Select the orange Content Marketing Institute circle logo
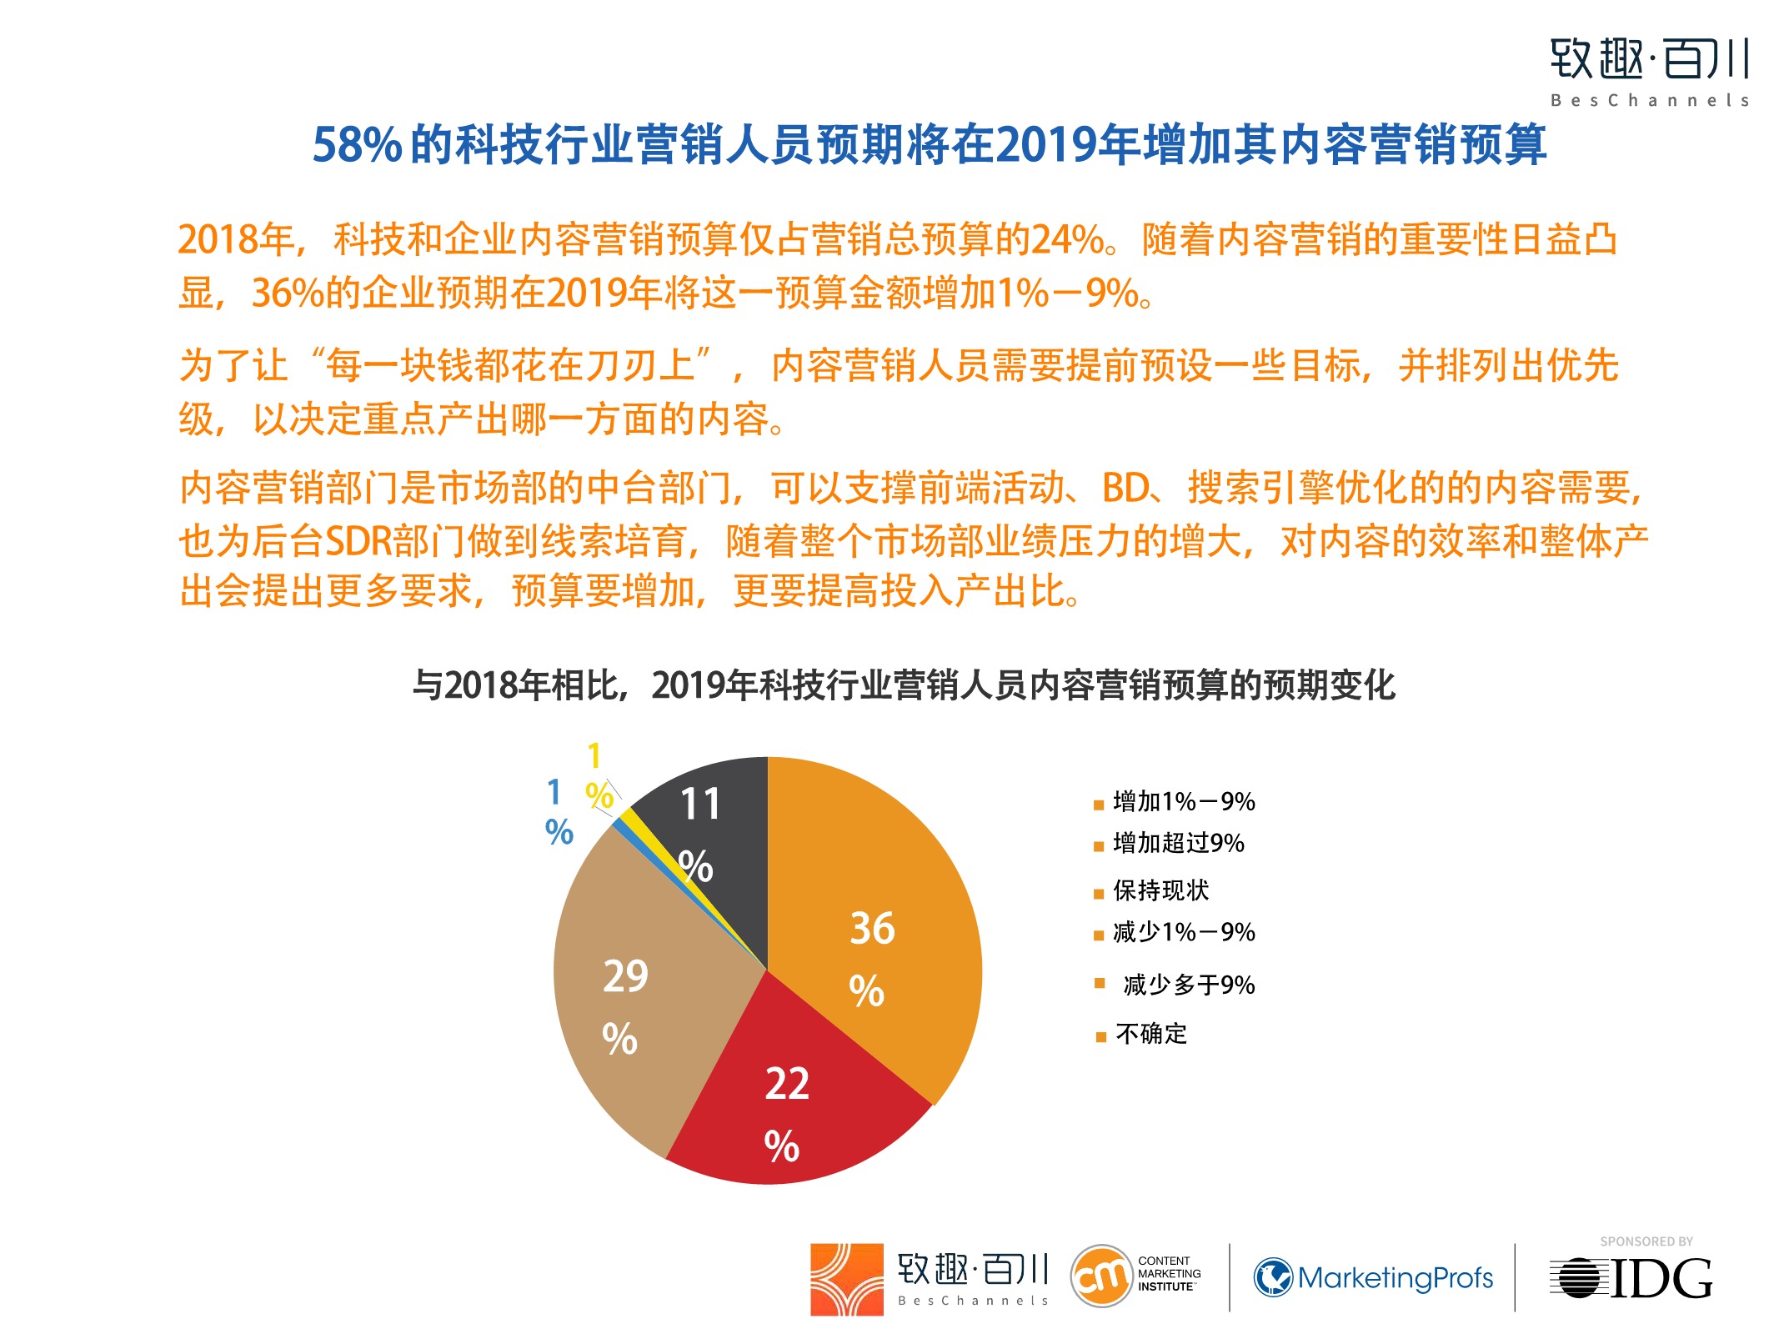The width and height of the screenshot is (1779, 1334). tap(1100, 1276)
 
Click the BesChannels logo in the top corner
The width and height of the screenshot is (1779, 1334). tap(1648, 72)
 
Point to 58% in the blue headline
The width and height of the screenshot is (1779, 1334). tap(357, 145)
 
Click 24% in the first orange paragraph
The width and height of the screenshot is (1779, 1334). tap(1068, 240)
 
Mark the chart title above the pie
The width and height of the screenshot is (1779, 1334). tap(904, 685)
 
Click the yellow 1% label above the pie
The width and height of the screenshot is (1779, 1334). tap(597, 775)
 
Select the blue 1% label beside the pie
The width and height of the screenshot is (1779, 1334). tap(558, 812)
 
